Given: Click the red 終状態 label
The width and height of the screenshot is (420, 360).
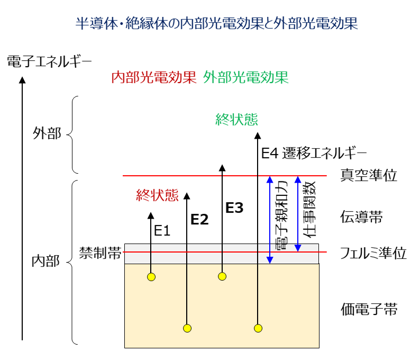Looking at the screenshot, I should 157,195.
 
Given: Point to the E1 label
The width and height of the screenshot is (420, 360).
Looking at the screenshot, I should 162,231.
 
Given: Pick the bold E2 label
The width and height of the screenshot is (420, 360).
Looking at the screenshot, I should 199,219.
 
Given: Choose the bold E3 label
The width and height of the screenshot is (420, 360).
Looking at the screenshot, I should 234,208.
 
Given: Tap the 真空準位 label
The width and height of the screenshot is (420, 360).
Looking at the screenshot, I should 369,175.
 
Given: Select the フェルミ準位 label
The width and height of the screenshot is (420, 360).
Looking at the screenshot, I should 373,253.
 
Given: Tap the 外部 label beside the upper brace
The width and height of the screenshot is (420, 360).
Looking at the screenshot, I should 47,133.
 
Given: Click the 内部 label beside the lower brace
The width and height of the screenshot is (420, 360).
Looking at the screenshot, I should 46,261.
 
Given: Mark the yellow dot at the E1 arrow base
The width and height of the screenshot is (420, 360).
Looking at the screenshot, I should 151,277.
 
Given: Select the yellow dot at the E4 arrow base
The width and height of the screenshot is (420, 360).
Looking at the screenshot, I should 258,328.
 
